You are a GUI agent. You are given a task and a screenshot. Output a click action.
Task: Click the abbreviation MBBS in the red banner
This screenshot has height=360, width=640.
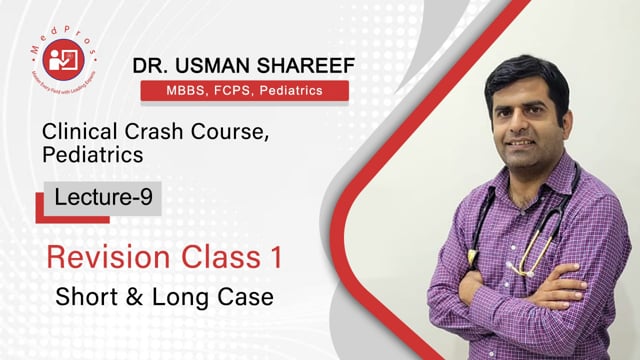[x=173, y=92]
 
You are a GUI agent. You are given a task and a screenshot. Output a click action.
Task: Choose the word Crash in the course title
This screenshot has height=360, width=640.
[x=147, y=132]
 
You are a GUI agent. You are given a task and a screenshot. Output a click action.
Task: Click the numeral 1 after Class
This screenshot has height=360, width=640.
[x=271, y=257]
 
